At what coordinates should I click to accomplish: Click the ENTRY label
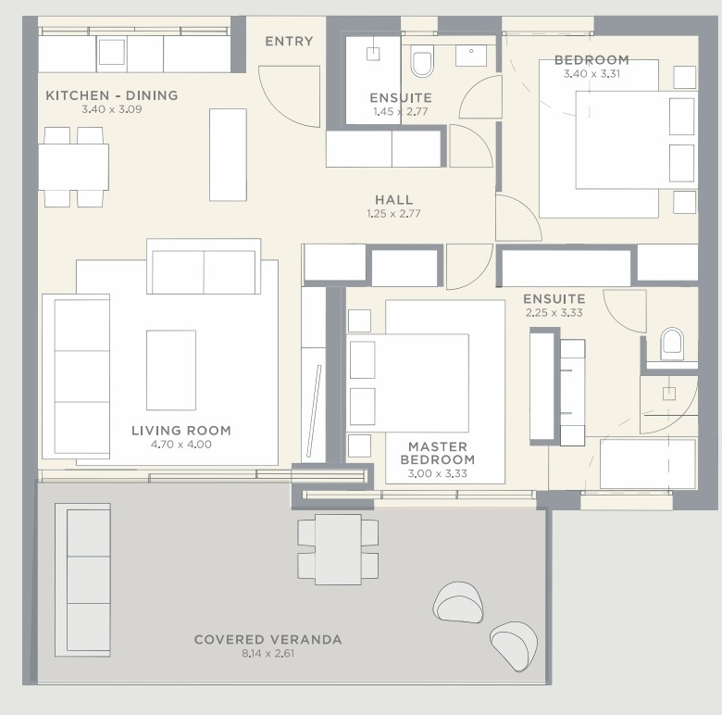click(289, 42)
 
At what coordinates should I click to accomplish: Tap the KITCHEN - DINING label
click(112, 95)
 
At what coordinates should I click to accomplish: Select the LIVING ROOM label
click(181, 431)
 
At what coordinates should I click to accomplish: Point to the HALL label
click(393, 199)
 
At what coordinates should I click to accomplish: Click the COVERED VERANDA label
click(268, 639)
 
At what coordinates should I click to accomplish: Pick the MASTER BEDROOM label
click(438, 453)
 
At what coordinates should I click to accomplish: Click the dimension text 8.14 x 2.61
click(268, 653)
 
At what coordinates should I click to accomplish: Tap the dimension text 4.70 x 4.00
click(181, 445)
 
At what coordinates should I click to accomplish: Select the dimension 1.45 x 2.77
click(401, 111)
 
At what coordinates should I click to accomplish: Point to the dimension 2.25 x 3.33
click(554, 312)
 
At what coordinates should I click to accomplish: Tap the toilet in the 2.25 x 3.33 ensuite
click(672, 345)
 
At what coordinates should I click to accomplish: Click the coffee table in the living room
click(171, 370)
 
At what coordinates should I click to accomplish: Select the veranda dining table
click(338, 549)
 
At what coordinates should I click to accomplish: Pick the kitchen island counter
click(228, 155)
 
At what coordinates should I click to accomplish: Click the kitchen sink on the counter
click(112, 52)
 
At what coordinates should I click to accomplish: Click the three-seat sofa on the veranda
click(83, 580)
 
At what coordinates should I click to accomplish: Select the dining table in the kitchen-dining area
click(74, 168)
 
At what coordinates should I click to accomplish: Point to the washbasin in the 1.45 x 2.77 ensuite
click(471, 56)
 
